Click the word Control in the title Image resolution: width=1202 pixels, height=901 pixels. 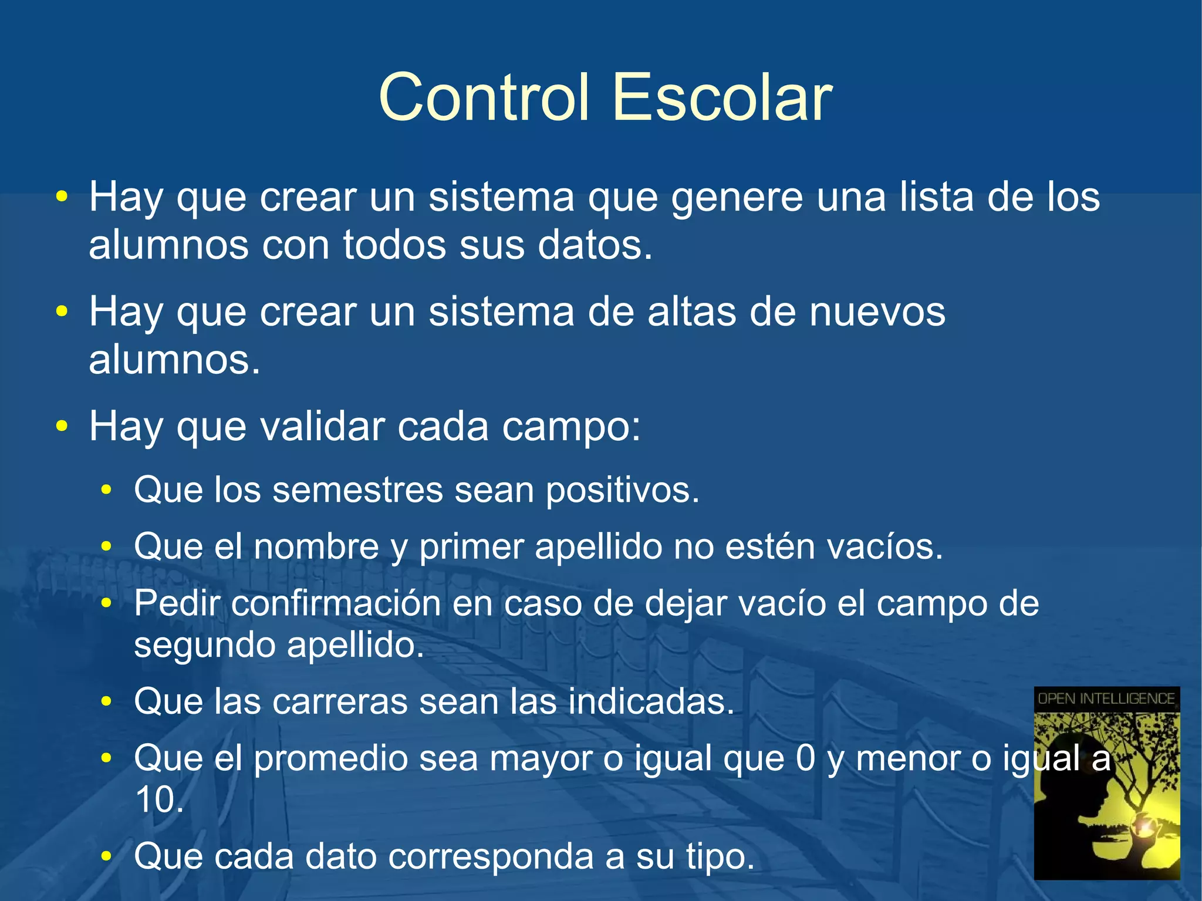(484, 97)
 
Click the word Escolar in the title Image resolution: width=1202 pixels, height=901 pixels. (722, 97)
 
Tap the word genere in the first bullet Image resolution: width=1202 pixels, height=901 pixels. (737, 198)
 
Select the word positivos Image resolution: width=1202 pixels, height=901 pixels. (622, 491)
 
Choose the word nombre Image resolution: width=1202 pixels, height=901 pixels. (316, 546)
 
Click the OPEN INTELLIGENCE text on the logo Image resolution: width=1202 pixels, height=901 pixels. (1106, 699)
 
